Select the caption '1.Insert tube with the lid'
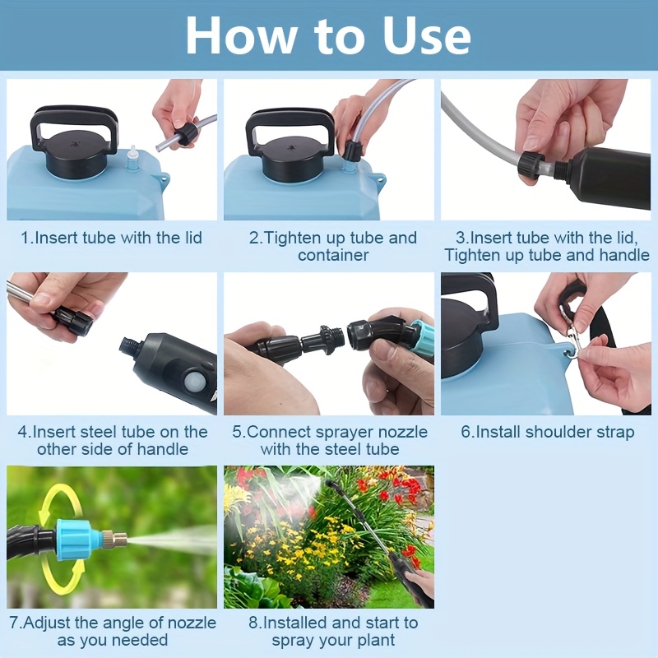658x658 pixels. [111, 239]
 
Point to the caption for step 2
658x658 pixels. [332, 246]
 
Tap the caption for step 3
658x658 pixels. [547, 246]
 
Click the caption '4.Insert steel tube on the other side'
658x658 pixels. [113, 440]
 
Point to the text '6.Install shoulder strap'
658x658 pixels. [547, 432]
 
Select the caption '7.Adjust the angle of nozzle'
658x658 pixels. [112, 632]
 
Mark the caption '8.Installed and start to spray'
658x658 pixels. [332, 632]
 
